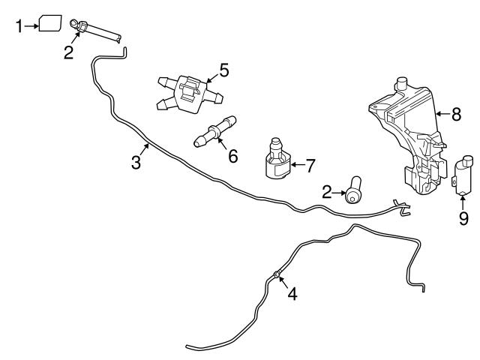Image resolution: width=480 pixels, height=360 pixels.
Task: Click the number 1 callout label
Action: [x=19, y=26]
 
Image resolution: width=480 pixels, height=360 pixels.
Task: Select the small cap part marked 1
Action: [x=51, y=23]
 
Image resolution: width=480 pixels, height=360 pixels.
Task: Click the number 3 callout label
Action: [x=136, y=162]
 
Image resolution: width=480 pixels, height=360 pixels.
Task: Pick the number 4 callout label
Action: [x=292, y=294]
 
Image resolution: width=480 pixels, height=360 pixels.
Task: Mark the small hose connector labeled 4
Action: [x=277, y=275]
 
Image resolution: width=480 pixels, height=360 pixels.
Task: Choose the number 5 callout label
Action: [x=223, y=70]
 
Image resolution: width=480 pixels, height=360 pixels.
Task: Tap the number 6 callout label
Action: [x=232, y=156]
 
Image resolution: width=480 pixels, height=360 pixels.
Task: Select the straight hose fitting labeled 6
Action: [x=214, y=132]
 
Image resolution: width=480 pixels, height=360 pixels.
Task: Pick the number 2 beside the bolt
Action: [x=327, y=193]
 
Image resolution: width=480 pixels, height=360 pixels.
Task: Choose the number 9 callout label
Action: [x=463, y=219]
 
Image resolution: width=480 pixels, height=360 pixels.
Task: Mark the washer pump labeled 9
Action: [x=463, y=177]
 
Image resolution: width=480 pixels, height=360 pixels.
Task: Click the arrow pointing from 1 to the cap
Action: [x=31, y=26]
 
